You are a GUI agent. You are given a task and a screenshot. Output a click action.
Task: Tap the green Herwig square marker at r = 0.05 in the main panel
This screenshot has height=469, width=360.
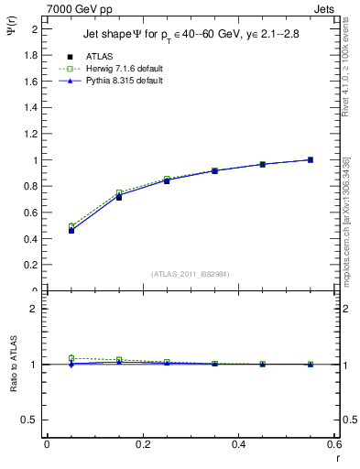71,226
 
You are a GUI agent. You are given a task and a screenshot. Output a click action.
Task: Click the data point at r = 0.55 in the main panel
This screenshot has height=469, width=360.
310,159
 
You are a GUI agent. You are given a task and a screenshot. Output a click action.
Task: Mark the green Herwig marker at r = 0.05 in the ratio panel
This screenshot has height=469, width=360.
71,358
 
